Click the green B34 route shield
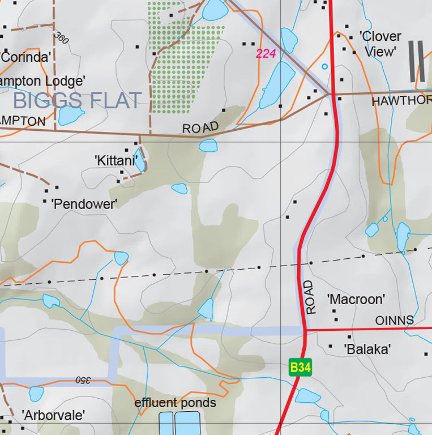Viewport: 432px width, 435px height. coord(300,368)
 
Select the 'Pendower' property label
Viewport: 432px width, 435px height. coord(84,204)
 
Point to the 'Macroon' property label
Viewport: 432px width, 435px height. coord(356,299)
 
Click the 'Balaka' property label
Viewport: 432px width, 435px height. coord(367,349)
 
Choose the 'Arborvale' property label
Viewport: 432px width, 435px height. coord(53,415)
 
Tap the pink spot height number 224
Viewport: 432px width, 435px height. coord(266,54)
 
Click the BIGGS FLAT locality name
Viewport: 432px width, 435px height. coord(77,101)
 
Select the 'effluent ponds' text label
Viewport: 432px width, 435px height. coord(176,403)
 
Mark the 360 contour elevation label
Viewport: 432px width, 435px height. coord(62,38)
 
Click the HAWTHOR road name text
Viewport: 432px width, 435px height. coord(401,101)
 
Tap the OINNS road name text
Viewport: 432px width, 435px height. coord(395,321)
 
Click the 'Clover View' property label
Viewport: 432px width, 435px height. coord(381,44)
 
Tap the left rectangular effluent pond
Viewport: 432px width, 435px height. coord(165,423)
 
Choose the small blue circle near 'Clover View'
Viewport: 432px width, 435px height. coord(324,66)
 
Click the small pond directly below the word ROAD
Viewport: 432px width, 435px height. coord(208,146)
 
